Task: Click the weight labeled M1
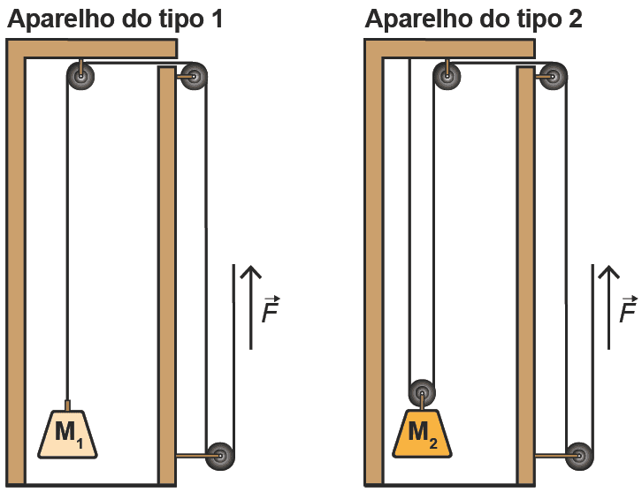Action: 67,433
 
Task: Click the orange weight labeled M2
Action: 422,433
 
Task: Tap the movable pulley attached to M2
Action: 422,392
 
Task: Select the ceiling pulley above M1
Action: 81,78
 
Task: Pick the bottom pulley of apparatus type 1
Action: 218,456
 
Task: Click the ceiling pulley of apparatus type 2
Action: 448,78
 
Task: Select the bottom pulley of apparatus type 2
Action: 579,456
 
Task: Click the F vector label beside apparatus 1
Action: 271,309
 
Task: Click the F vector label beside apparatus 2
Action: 628,309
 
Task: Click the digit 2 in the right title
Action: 575,19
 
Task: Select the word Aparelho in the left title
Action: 60,19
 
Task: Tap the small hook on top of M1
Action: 67,403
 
